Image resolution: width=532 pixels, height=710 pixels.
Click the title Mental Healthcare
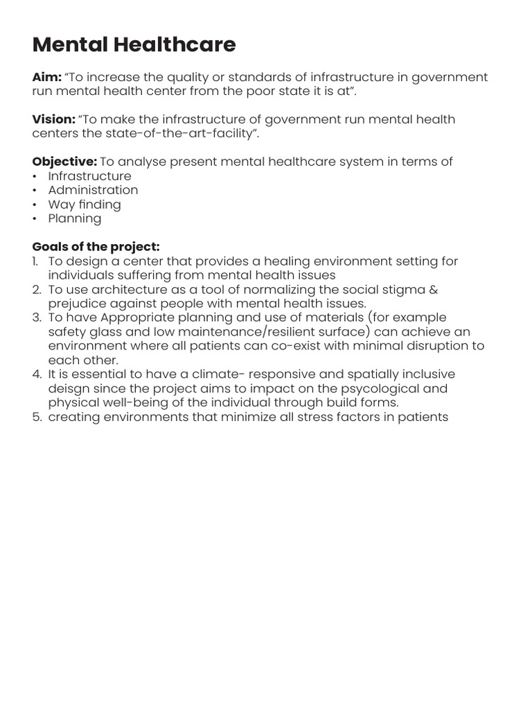[x=134, y=45]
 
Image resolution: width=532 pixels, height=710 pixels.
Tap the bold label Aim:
[x=47, y=77]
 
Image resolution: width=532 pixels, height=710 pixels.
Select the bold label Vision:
[x=53, y=119]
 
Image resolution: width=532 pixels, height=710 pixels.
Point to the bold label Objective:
[x=64, y=162]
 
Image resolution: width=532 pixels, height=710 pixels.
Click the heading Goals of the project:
[x=96, y=247]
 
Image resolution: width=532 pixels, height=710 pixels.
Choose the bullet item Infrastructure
[x=89, y=176]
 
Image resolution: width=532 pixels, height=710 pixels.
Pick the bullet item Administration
[x=93, y=190]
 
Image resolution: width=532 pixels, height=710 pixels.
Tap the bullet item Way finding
[x=85, y=205]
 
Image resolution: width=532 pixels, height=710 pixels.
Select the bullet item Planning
[x=75, y=218]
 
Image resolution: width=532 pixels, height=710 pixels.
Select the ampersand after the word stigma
[x=433, y=289]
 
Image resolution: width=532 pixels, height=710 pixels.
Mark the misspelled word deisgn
[x=69, y=388]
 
